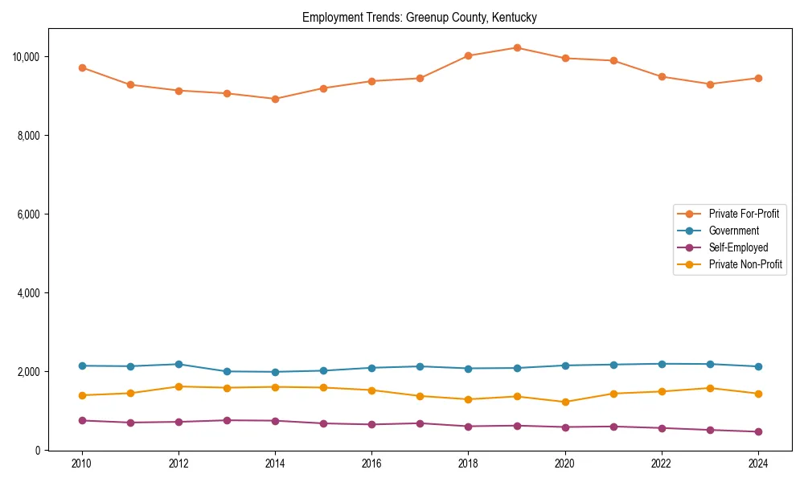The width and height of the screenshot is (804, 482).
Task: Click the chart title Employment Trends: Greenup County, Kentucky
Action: pos(419,17)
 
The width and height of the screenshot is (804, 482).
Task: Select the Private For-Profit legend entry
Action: pos(744,214)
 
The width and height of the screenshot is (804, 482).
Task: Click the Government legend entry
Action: pos(733,231)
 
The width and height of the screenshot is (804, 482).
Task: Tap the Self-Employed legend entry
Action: pos(738,247)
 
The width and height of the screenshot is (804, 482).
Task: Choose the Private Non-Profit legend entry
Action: pos(745,264)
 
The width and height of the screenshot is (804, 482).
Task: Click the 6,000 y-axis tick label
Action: pos(29,214)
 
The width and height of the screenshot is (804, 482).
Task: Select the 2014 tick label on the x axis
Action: pos(275,464)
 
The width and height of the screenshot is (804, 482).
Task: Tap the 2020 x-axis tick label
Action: pos(564,464)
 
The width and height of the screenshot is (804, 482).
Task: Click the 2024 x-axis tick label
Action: pos(757,464)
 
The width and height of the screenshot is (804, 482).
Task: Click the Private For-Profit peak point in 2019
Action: pos(517,48)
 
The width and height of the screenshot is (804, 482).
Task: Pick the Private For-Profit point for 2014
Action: pos(275,99)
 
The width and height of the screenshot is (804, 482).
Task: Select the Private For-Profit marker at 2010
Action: pos(82,67)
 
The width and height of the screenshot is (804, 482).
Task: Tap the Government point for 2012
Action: pos(178,364)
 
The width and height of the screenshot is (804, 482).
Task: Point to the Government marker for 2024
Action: pos(757,366)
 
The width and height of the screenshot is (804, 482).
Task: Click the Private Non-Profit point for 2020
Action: pos(564,402)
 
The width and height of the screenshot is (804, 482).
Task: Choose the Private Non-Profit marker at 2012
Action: pos(178,386)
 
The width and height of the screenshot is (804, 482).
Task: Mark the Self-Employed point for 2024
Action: pos(757,431)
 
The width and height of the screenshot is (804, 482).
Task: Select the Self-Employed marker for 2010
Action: pos(82,420)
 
